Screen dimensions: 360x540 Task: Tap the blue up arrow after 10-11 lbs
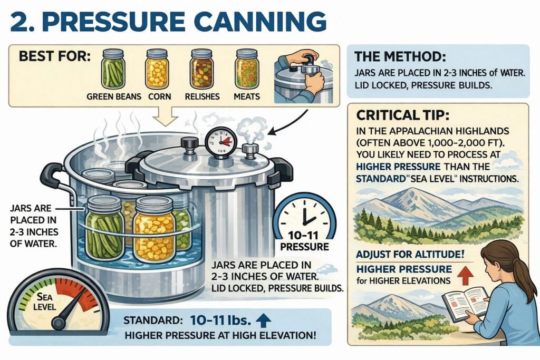(266, 319)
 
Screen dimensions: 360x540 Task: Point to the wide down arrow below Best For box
(169, 118)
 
